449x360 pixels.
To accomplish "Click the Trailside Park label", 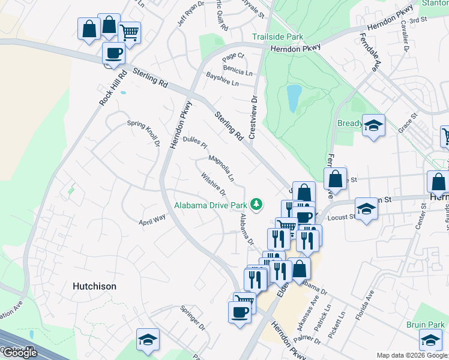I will click(x=277, y=37).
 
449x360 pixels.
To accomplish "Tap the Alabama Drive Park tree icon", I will click(x=257, y=205).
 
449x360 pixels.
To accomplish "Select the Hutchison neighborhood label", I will click(x=94, y=286).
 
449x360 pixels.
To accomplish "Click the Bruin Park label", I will click(x=424, y=325).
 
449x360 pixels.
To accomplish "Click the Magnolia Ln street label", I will click(x=221, y=169).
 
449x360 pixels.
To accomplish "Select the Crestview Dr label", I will click(x=253, y=117).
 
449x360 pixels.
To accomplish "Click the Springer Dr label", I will click(x=193, y=319).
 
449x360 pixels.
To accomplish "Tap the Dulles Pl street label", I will click(x=195, y=142).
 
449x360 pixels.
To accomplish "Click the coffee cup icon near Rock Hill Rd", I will click(x=114, y=52).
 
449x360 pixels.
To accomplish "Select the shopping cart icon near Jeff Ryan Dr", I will click(x=128, y=32).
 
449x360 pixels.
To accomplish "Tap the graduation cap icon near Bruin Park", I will click(x=431, y=341).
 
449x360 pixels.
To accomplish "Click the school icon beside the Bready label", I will click(x=374, y=125).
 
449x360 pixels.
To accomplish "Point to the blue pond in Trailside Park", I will click(x=294, y=98).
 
